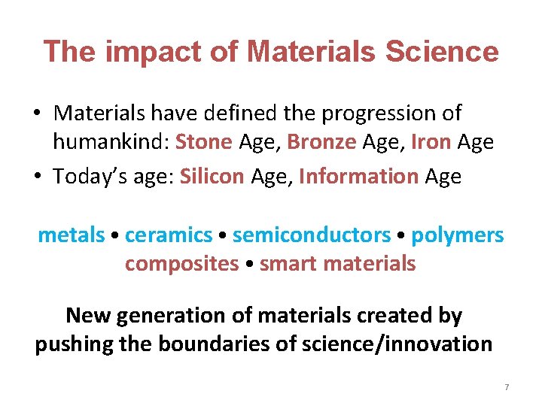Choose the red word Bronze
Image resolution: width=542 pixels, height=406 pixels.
point(321,143)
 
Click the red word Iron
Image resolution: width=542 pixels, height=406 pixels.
point(431,143)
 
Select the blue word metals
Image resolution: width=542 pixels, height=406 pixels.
point(71,235)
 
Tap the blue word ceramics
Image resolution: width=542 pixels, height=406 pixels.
point(169,235)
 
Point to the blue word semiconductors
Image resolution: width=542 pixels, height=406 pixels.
point(312,235)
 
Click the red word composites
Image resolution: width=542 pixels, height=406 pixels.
point(181,264)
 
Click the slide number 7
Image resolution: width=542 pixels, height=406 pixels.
point(507,387)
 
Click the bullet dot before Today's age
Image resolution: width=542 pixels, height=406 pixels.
point(38,176)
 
